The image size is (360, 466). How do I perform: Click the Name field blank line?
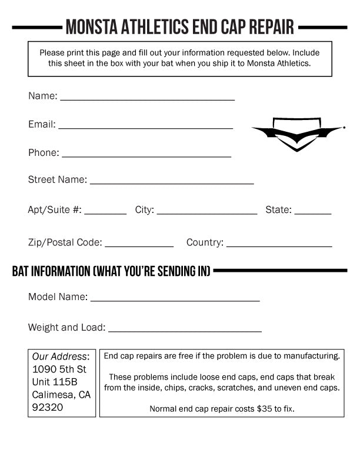(x=147, y=99)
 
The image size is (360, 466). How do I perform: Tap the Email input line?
(x=145, y=127)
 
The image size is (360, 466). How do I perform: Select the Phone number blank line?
(x=146, y=155)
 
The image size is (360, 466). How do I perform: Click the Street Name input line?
(x=171, y=182)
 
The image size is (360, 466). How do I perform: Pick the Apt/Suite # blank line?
(x=105, y=213)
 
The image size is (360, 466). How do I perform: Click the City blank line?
(x=206, y=213)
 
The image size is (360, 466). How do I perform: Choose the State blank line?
(x=313, y=213)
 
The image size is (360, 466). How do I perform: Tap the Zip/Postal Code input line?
(x=139, y=245)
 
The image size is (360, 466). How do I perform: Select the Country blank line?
(x=279, y=245)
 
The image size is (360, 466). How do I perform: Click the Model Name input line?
(x=175, y=300)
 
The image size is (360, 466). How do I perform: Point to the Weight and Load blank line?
(x=185, y=331)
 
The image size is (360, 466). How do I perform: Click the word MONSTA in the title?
(x=88, y=26)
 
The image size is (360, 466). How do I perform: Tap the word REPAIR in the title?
(x=271, y=26)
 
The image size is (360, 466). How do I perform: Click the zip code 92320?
(x=47, y=407)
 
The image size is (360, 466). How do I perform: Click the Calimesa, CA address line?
(x=61, y=394)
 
